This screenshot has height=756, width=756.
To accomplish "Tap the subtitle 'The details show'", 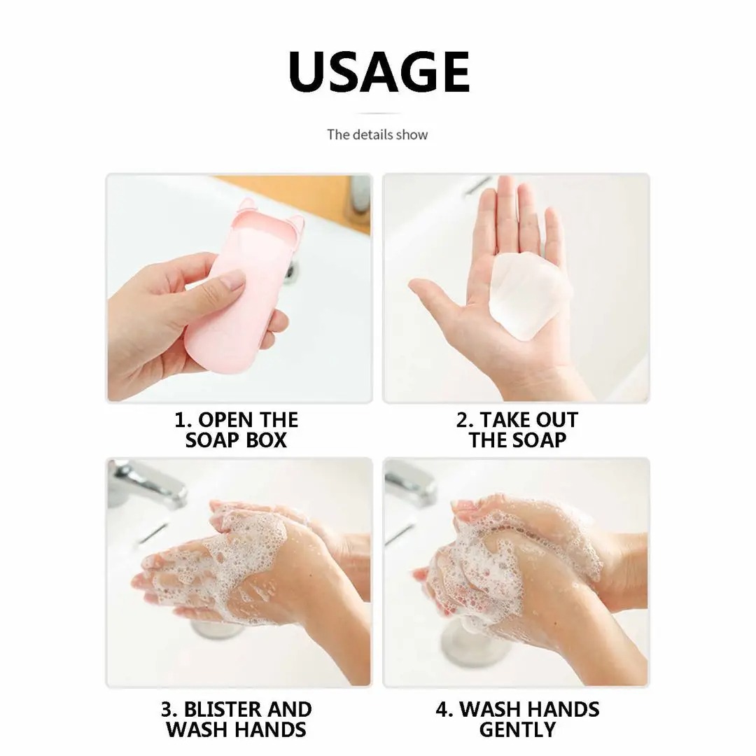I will pos(377,134).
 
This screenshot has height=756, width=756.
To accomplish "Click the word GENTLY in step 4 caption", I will pos(517,729).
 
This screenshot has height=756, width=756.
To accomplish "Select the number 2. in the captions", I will pos(464,420).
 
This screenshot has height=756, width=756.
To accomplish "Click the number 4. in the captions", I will pos(444,709).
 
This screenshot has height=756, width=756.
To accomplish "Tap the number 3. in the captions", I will pos(170,709).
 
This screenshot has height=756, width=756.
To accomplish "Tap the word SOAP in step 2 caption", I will pos(538,441).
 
